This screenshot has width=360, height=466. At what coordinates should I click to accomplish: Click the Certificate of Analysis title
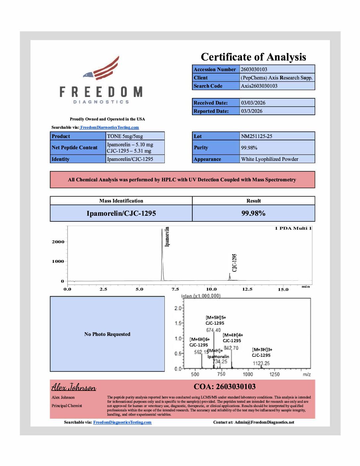[x=253, y=57]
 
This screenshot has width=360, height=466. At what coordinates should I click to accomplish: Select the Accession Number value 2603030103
[x=254, y=70]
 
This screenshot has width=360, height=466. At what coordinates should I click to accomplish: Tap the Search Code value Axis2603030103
[x=259, y=86]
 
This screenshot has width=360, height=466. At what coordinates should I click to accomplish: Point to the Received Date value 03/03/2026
[x=253, y=103]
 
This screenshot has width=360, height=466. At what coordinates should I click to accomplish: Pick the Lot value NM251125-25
[x=256, y=136]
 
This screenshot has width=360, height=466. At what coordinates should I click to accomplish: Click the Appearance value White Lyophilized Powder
[x=270, y=159]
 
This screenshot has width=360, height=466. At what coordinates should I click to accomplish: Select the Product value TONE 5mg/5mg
[x=125, y=136]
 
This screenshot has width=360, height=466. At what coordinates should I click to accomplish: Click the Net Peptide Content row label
[x=74, y=148]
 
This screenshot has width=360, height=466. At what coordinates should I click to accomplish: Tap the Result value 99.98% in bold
[x=253, y=213]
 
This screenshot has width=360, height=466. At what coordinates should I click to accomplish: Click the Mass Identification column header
[x=121, y=201]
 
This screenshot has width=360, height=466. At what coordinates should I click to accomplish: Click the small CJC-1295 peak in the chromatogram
[x=230, y=277]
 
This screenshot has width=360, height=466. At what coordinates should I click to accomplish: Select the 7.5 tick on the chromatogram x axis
[x=175, y=289]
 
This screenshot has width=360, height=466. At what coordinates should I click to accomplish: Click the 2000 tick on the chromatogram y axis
[x=58, y=242]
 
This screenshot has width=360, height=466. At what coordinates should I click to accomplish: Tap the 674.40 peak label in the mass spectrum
[x=213, y=330]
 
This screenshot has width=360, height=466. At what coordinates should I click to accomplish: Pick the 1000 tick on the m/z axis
[x=248, y=374]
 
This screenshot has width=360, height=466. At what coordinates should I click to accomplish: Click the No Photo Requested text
[x=107, y=334]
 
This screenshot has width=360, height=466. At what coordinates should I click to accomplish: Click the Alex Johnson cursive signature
[x=73, y=387]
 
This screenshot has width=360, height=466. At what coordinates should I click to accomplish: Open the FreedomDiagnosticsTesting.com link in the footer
[x=122, y=422]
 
